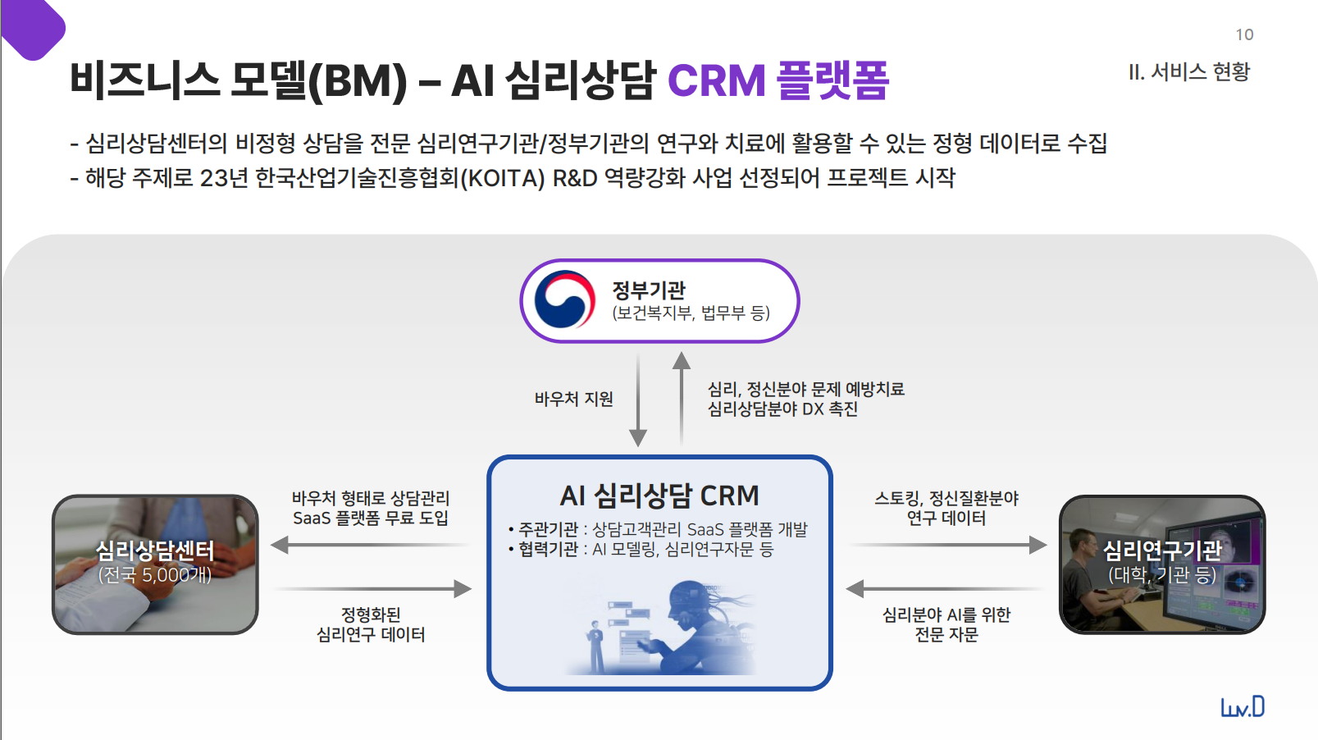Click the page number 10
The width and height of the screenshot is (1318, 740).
click(x=1244, y=34)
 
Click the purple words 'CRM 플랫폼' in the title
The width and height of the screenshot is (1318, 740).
click(x=778, y=80)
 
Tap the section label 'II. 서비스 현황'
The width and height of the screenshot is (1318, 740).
click(x=1188, y=72)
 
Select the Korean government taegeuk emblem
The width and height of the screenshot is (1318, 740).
click(x=564, y=300)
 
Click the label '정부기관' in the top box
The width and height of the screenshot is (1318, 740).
click(x=649, y=290)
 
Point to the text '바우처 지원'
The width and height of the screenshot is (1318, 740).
click(x=573, y=399)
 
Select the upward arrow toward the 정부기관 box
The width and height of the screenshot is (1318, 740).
click(x=682, y=398)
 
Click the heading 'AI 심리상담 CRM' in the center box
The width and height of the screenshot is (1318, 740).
click(x=659, y=496)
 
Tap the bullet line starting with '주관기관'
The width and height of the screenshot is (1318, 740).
click(x=659, y=529)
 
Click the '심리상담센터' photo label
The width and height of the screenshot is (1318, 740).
click(x=155, y=550)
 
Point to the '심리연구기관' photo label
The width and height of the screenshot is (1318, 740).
click(x=1161, y=550)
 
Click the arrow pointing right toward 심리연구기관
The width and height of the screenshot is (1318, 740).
click(x=947, y=545)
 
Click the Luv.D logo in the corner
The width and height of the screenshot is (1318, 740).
click(x=1243, y=706)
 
